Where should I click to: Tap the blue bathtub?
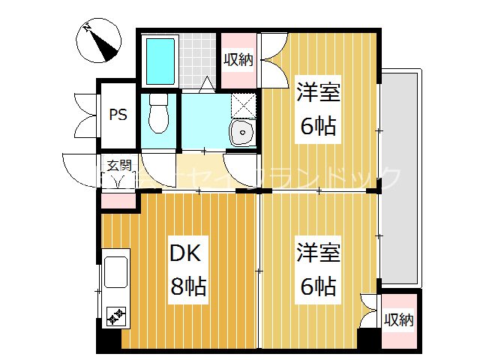pos(160,60)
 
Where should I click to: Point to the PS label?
pos(118,115)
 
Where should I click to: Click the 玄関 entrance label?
pos(117,166)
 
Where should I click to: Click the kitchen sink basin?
pos(116,271)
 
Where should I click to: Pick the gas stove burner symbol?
pos(116,318)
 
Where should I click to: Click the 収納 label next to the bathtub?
pos(238,59)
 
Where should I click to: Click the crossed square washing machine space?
pos(242,105)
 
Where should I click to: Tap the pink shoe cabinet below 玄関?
pos(118,200)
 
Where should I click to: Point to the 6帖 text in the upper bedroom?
pos(319,126)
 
